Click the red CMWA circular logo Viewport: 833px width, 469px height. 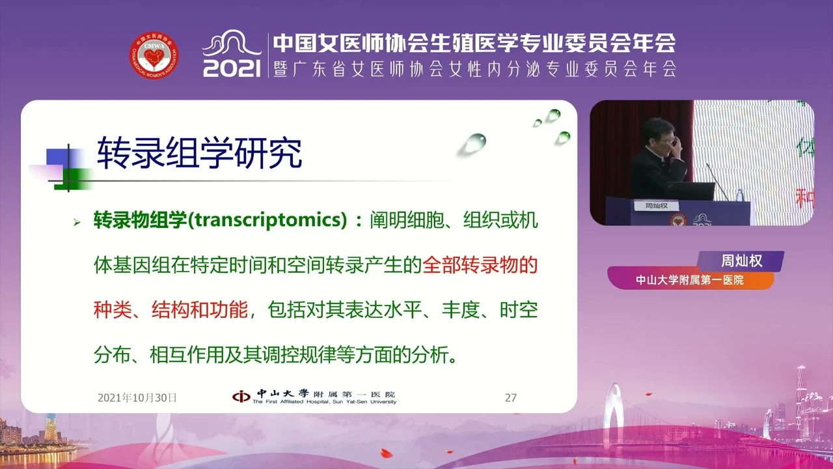[x=154, y=56]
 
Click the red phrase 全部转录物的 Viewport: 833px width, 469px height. [x=480, y=266]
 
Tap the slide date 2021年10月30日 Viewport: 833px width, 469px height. [x=137, y=397]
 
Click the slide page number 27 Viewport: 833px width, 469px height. [x=511, y=397]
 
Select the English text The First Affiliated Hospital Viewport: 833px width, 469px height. [x=293, y=402]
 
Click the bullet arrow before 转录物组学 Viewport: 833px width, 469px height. [x=77, y=223]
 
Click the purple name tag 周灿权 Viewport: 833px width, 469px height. [x=741, y=261]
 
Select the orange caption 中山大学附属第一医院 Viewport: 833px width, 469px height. [x=690, y=280]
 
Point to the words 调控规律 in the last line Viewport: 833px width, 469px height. [x=306, y=355]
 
